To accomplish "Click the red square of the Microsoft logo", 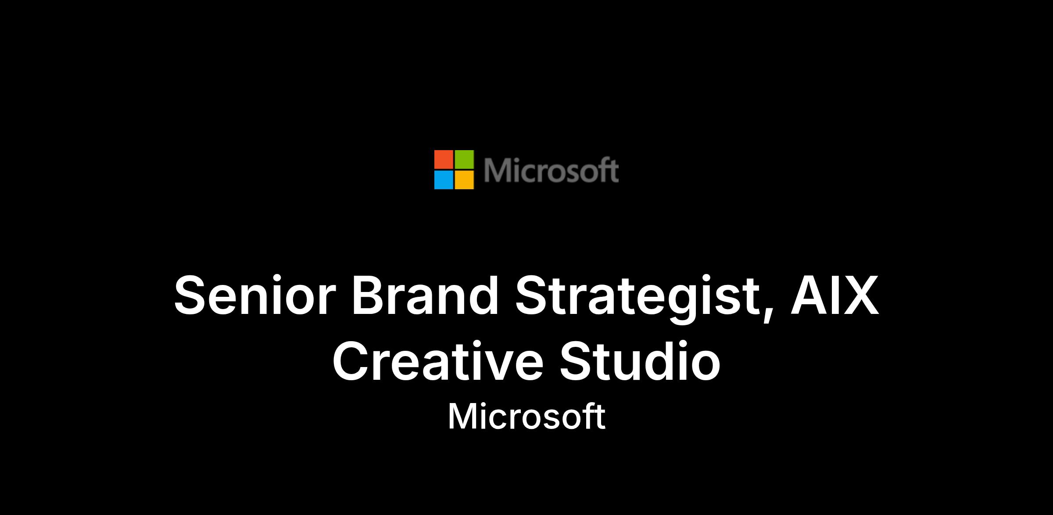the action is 444,159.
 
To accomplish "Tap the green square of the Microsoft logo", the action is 464,159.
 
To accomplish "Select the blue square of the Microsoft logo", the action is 444,180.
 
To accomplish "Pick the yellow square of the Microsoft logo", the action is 464,180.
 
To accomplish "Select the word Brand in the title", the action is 425,295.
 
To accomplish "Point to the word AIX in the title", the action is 835,295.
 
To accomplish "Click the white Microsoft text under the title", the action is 526,416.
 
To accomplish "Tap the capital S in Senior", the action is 191,295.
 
